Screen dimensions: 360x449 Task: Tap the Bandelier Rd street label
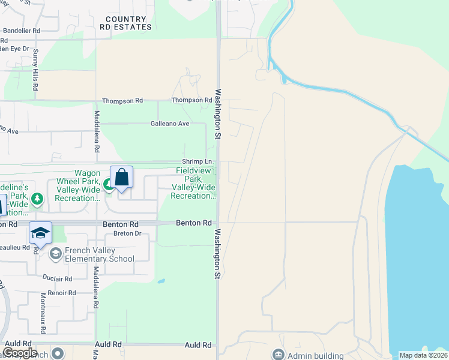pos(21,30)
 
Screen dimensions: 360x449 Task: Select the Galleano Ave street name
pos(170,124)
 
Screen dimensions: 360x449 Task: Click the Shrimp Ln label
pos(197,162)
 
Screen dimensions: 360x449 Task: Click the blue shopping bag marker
pos(121,178)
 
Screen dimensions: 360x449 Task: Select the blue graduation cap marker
pos(40,233)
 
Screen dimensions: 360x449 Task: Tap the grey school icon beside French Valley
pos(56,254)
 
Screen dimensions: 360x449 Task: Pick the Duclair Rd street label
pos(58,278)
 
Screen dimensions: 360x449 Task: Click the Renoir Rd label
pos(64,293)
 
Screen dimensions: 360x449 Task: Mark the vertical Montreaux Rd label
pos(43,305)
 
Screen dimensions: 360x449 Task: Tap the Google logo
pos(20,353)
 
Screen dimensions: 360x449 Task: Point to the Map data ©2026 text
pos(423,355)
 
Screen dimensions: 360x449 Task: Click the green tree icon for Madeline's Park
pos(37,198)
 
